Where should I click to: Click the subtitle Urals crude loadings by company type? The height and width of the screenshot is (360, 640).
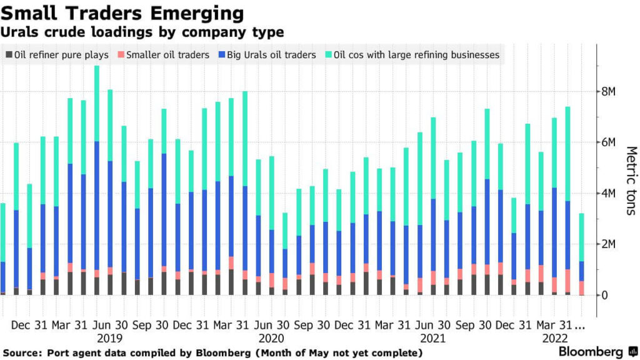coord(142,32)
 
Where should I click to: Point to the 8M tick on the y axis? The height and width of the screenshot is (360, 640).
coord(608,92)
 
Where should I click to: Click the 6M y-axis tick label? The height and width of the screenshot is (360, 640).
coord(608,142)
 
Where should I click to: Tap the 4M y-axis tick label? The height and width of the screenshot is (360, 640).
coord(608,193)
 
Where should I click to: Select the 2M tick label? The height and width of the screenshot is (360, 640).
coord(608,244)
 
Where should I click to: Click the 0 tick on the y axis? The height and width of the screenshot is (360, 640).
coord(604,295)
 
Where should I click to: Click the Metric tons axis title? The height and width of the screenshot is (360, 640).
coord(631,181)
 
